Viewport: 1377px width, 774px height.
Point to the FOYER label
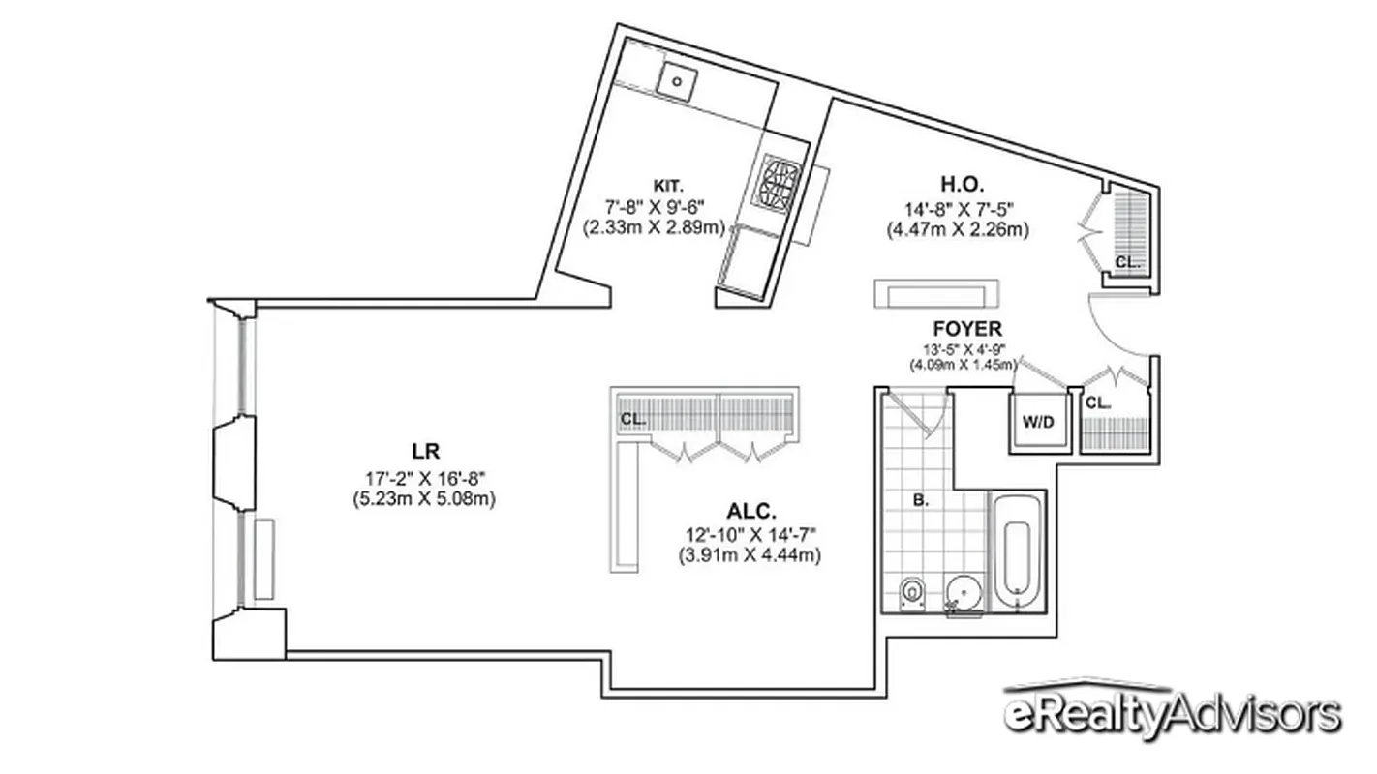pyautogui.click(x=967, y=329)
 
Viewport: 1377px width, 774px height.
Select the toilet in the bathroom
pyautogui.click(x=910, y=592)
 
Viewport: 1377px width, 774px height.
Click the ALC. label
pyautogui.click(x=751, y=512)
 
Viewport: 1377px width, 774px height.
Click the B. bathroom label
pyautogui.click(x=921, y=501)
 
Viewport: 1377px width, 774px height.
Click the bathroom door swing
pyautogui.click(x=920, y=414)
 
